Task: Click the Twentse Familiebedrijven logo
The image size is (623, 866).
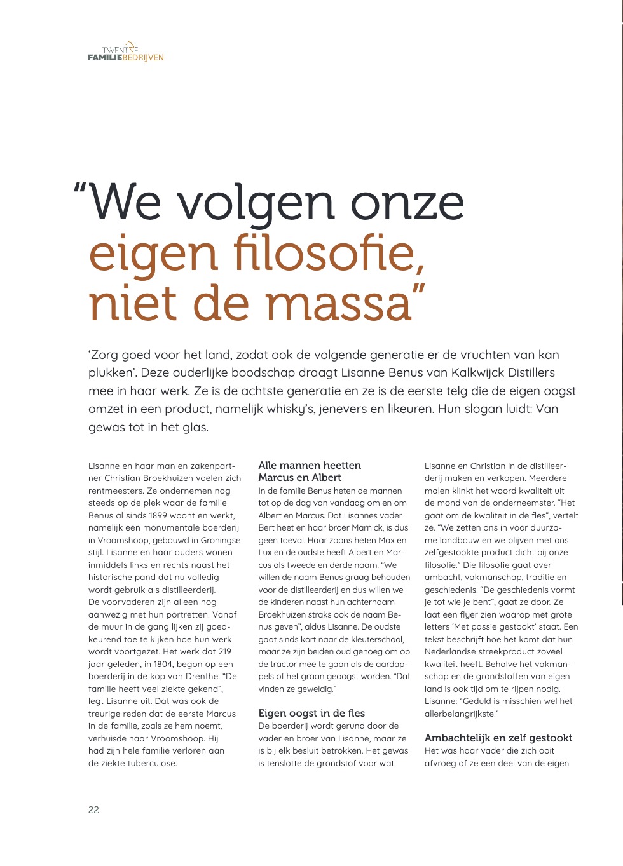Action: [126, 52]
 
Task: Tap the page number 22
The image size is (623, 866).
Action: [93, 809]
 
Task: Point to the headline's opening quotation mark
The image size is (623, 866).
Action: [80, 191]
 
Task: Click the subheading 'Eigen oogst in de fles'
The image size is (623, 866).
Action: [311, 713]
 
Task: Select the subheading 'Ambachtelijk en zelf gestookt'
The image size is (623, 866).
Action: [498, 738]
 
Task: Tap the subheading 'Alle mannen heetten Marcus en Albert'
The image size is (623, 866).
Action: [310, 471]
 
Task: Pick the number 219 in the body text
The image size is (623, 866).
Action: [224, 651]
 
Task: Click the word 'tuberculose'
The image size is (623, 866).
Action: [151, 763]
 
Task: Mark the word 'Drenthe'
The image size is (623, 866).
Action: [202, 676]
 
